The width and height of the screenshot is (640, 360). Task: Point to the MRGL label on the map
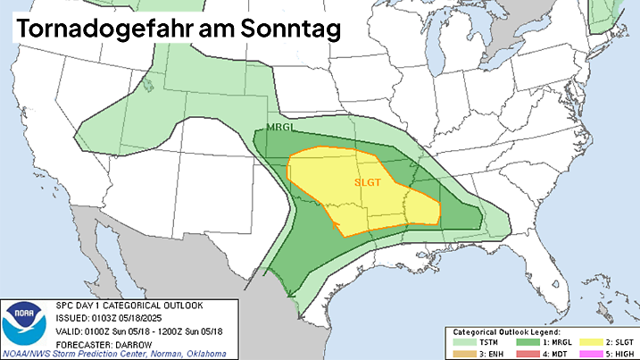tap(280, 129)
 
